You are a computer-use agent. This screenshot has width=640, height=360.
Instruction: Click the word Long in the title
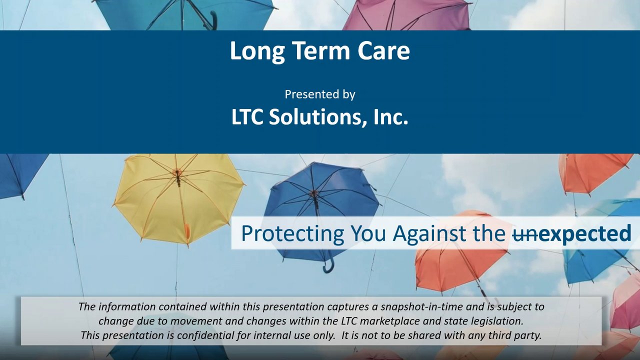click(x=257, y=51)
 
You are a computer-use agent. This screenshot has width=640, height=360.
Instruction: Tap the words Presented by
click(x=320, y=94)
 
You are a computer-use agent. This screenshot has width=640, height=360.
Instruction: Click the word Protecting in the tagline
click(x=292, y=233)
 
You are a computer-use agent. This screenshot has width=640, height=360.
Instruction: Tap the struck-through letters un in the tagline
click(x=523, y=235)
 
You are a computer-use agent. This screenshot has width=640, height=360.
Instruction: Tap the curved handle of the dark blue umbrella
click(x=328, y=265)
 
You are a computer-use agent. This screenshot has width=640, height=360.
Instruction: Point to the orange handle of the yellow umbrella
click(x=187, y=231)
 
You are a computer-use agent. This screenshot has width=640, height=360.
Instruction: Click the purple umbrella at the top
click(x=407, y=14)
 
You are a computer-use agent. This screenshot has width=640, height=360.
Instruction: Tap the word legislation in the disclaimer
click(x=497, y=321)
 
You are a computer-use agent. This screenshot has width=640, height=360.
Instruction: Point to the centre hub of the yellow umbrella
click(x=177, y=172)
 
